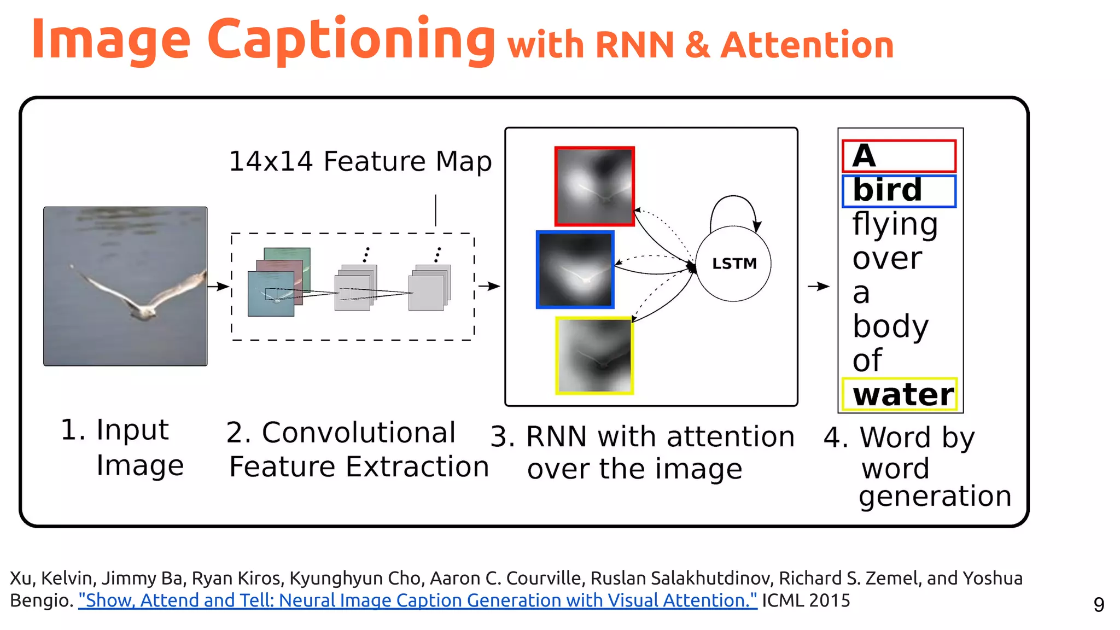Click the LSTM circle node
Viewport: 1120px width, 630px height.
[733, 264]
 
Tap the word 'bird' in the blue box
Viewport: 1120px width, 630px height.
[887, 190]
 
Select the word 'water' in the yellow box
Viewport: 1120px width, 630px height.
[903, 394]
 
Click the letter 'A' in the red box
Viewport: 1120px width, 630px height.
[864, 156]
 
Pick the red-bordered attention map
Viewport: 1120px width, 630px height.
[594, 186]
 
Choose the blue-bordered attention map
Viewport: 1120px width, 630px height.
[575, 270]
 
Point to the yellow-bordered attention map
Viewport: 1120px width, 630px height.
[594, 355]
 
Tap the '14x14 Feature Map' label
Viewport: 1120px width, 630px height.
[360, 161]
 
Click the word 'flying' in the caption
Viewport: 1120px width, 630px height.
[895, 224]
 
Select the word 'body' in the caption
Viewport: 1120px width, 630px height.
[890, 326]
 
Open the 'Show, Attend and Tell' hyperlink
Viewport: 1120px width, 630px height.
[417, 600]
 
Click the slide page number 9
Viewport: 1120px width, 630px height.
[1099, 604]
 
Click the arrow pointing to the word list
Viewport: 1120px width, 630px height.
[818, 286]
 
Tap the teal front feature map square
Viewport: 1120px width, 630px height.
[271, 295]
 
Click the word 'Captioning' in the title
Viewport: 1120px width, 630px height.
[351, 39]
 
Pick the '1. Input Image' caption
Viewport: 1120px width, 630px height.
[121, 447]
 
